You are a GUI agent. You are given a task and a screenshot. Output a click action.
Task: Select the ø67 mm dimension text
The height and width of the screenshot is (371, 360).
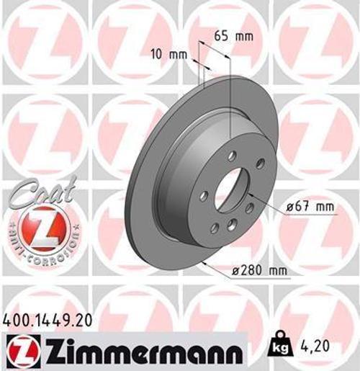point(310,207)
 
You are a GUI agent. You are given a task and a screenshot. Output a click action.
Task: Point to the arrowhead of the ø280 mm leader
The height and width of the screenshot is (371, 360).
point(202,262)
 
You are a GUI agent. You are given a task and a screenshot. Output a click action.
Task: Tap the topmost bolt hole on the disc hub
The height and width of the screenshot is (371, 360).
point(231,155)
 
